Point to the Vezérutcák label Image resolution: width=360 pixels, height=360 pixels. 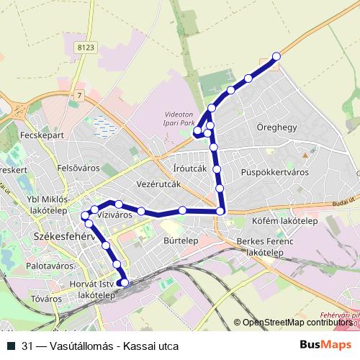click(158, 184)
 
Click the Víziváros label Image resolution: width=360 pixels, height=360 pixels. click(114, 214)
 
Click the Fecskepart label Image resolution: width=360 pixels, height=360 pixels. click(43, 135)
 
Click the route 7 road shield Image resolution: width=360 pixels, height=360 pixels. click(78, 95)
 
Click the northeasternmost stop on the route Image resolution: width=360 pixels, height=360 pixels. click(276, 57)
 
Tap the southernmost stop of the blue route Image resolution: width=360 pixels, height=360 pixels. click(125, 283)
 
